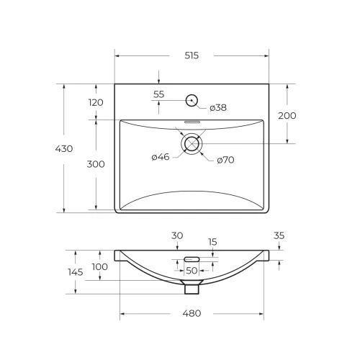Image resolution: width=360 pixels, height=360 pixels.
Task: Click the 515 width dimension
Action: pos(192,55)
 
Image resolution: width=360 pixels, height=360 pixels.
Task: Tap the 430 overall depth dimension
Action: pos(64,149)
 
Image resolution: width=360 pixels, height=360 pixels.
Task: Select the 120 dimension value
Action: pos(96,102)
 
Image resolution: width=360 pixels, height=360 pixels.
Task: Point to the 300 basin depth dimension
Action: pos(96,164)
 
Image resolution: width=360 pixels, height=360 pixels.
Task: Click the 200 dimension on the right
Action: pos(287,116)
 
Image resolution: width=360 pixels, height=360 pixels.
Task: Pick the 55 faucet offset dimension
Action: pos(158,94)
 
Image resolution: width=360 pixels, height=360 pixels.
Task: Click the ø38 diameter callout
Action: pos(218,107)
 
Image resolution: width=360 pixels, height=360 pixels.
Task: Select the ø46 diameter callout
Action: pos(161,157)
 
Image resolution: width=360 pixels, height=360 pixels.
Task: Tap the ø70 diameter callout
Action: pos(225,160)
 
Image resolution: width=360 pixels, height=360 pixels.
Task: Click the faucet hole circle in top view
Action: pos(192,94)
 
